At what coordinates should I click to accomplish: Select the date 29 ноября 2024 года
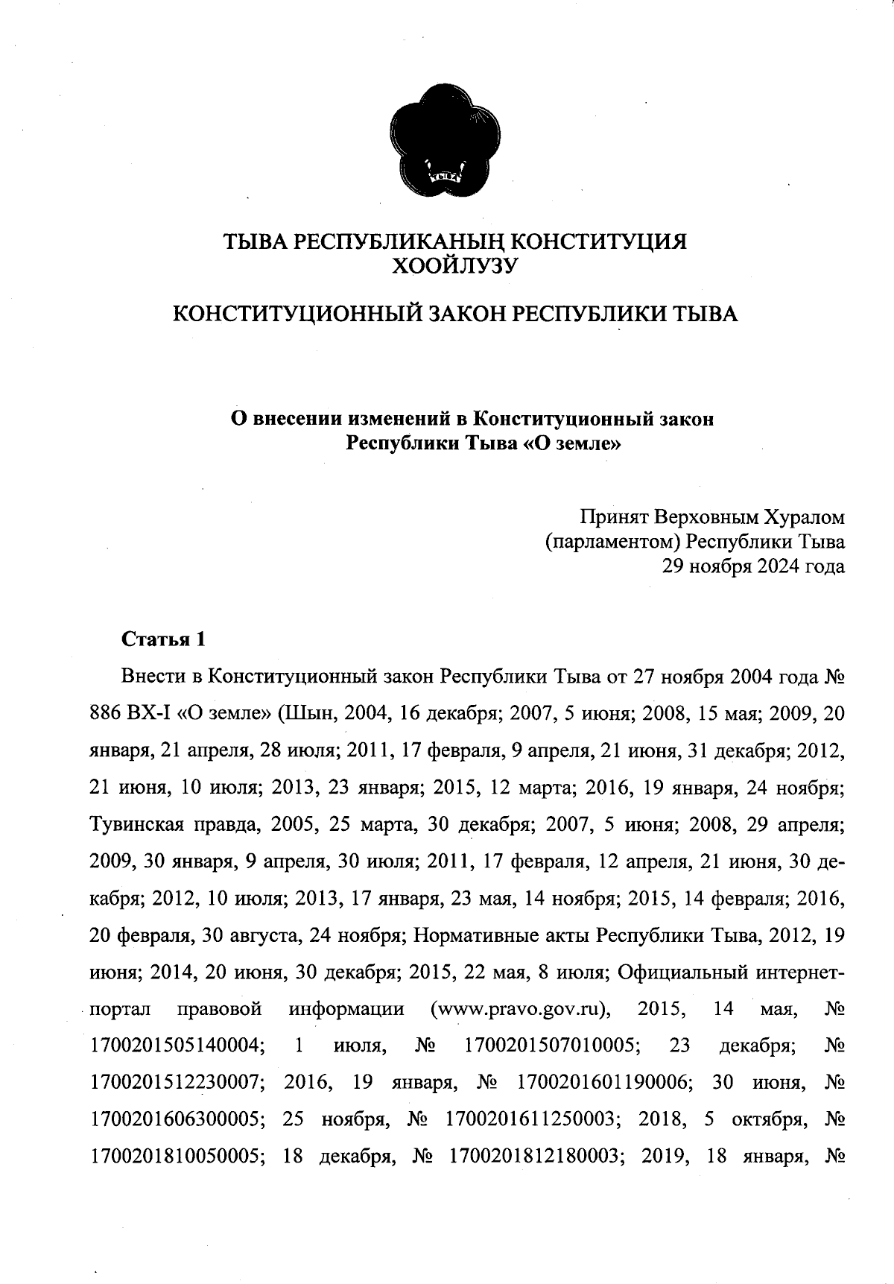pos(753,566)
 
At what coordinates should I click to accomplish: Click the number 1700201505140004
pos(177,1046)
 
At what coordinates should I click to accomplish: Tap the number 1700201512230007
pos(177,1081)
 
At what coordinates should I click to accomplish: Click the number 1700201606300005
pos(177,1118)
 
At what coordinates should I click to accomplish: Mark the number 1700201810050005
pos(177,1154)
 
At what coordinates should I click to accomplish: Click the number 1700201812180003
pos(536,1154)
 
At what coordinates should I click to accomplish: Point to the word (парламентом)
pos(612,541)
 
